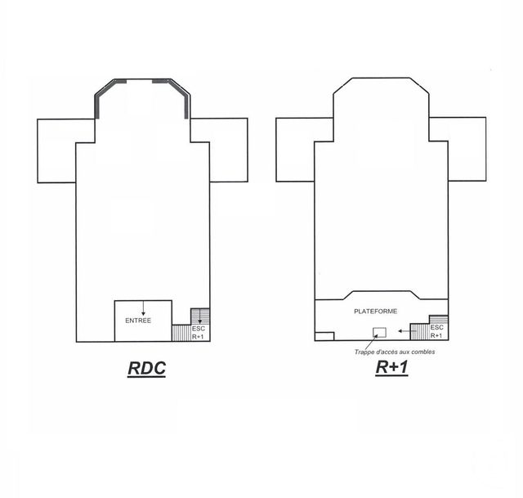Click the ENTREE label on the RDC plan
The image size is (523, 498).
tap(138, 321)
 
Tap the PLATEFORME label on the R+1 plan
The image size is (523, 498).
tap(376, 312)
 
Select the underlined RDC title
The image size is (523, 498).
tap(147, 368)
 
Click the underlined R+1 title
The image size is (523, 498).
tap(391, 367)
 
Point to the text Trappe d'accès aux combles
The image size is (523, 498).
tap(395, 352)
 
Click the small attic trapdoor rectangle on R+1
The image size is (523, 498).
tap(379, 333)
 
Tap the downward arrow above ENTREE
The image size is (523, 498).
tap(144, 307)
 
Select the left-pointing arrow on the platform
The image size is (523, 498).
tap(405, 331)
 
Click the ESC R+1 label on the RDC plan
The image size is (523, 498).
tap(198, 333)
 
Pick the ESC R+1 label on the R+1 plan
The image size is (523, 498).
tap(436, 331)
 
